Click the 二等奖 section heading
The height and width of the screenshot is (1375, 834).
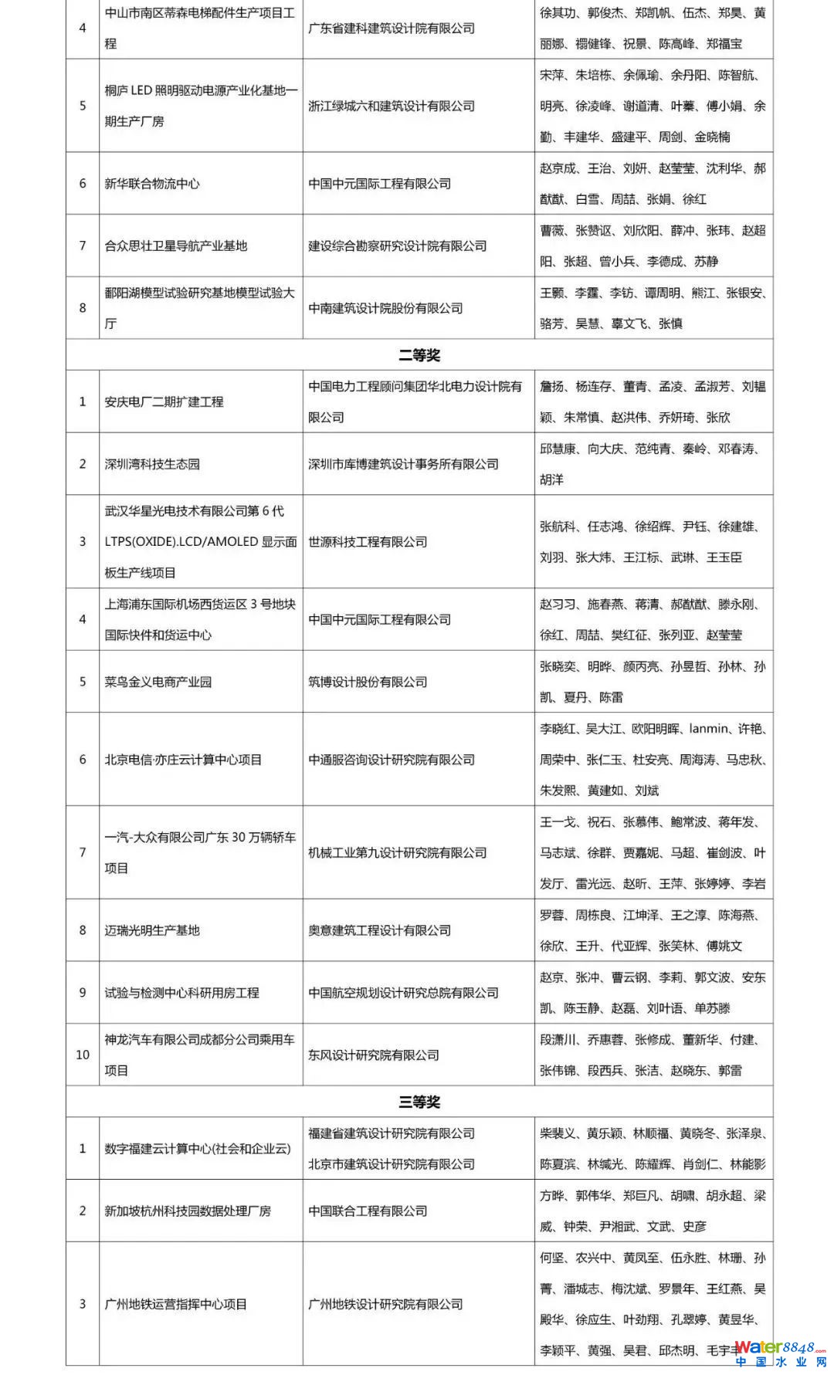click(419, 355)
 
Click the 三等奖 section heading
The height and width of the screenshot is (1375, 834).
click(419, 1102)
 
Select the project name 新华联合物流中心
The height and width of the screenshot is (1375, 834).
click(152, 184)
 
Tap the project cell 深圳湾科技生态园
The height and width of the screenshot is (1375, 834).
click(152, 464)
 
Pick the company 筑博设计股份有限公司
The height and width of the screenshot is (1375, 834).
click(368, 682)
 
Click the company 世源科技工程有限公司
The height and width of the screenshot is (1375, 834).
click(368, 542)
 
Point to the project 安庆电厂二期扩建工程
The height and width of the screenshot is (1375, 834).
click(164, 401)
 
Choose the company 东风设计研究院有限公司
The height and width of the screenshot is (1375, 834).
click(374, 1055)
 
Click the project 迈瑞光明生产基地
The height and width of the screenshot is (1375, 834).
click(152, 930)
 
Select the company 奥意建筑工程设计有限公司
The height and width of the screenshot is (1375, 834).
click(379, 930)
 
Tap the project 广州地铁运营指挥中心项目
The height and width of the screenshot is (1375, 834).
click(176, 1304)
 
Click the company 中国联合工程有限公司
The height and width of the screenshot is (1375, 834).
click(368, 1211)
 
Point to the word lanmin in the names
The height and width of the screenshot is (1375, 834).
click(708, 729)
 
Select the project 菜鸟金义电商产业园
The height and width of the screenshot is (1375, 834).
click(158, 682)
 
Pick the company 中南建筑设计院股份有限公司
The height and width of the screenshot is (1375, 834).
click(385, 308)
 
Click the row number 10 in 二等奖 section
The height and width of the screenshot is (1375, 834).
click(83, 1055)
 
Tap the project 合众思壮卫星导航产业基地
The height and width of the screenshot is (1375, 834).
click(176, 246)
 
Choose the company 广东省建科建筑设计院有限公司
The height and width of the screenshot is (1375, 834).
click(392, 29)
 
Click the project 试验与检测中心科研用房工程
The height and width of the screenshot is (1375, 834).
click(182, 993)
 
